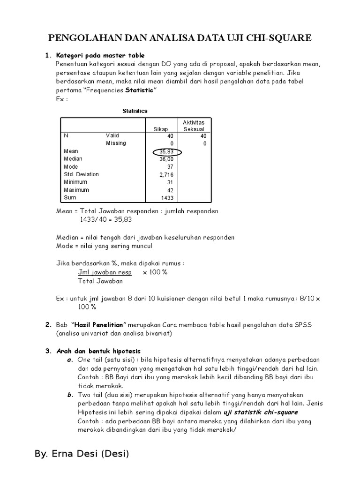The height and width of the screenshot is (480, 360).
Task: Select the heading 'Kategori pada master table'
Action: pos(100,55)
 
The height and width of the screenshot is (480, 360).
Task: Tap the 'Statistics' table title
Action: pos(135,111)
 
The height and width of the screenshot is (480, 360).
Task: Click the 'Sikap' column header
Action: pos(160,129)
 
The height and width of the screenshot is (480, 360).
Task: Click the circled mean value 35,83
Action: pos(166,151)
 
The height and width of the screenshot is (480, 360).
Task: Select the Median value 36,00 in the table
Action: pos(166,159)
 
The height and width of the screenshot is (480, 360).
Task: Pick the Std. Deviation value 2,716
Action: pos(167,175)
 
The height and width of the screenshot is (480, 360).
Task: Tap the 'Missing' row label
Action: pos(116,143)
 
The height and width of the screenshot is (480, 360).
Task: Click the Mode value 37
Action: pos(170,167)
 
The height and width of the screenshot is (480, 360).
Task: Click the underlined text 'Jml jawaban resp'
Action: pos(105,272)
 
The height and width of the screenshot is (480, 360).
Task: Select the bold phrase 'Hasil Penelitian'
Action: pos(99,325)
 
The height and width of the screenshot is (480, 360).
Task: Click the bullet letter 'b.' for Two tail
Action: pos(70,395)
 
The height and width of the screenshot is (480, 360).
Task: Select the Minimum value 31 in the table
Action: pos(170,182)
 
